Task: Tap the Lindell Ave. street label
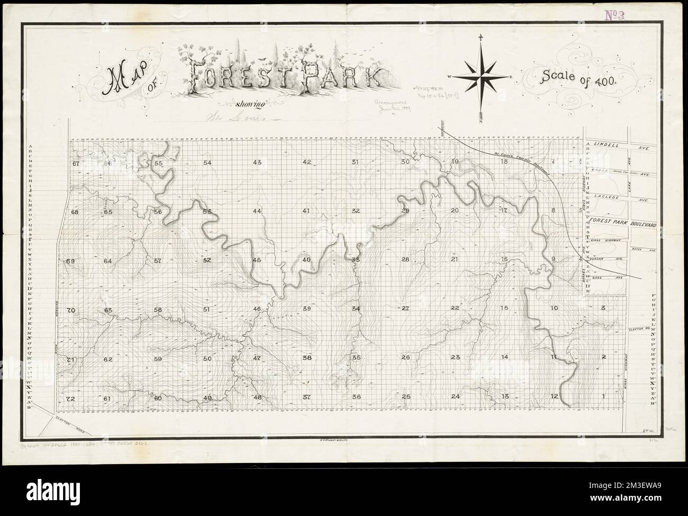(615, 144)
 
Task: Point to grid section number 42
(306, 162)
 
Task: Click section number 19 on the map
(454, 162)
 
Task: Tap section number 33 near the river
(356, 260)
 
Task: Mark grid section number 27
(405, 308)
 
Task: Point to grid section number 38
(306, 358)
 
